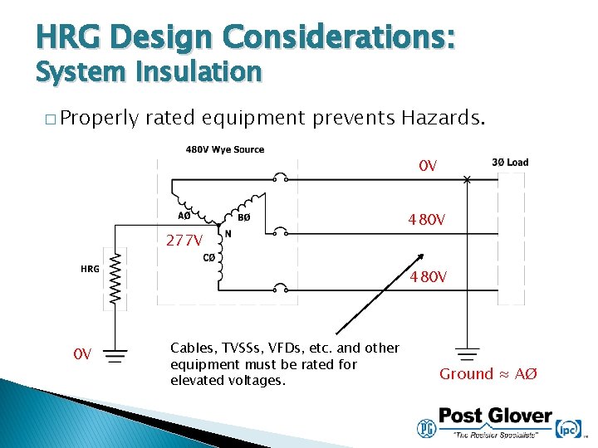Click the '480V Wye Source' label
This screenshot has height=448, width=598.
coord(224,150)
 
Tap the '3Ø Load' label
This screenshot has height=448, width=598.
coord(510,163)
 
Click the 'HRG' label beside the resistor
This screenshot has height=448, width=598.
coord(91,269)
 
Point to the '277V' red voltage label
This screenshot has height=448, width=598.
coord(184,241)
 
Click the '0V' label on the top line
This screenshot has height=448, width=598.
coord(428,167)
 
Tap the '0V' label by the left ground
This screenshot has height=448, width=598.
coord(82,354)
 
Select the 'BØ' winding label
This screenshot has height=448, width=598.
coord(243,218)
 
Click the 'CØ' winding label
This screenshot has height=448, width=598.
coord(209,258)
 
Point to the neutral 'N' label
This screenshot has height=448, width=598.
coord(228,234)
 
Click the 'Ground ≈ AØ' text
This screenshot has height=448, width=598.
coord(488,374)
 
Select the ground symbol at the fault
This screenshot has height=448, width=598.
coord(468,353)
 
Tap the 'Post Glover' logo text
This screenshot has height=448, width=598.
coord(495,416)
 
